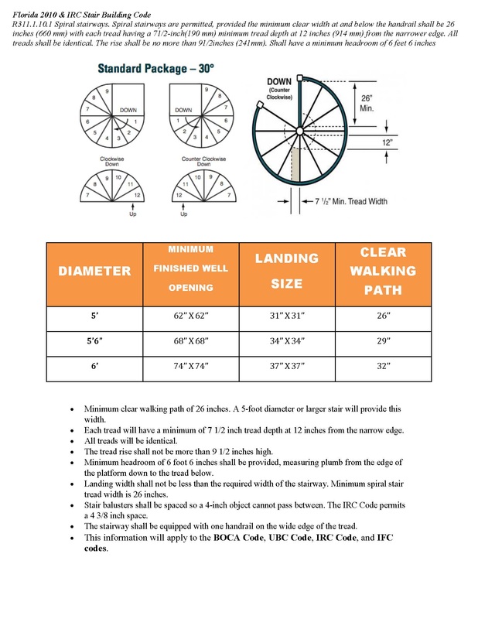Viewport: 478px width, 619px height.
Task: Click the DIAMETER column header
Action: [94, 272]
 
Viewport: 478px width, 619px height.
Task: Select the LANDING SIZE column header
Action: [286, 271]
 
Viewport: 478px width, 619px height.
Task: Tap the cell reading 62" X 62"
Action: [190, 316]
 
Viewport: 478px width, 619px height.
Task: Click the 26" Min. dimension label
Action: [368, 104]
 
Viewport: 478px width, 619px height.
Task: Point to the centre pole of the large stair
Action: [299, 132]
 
